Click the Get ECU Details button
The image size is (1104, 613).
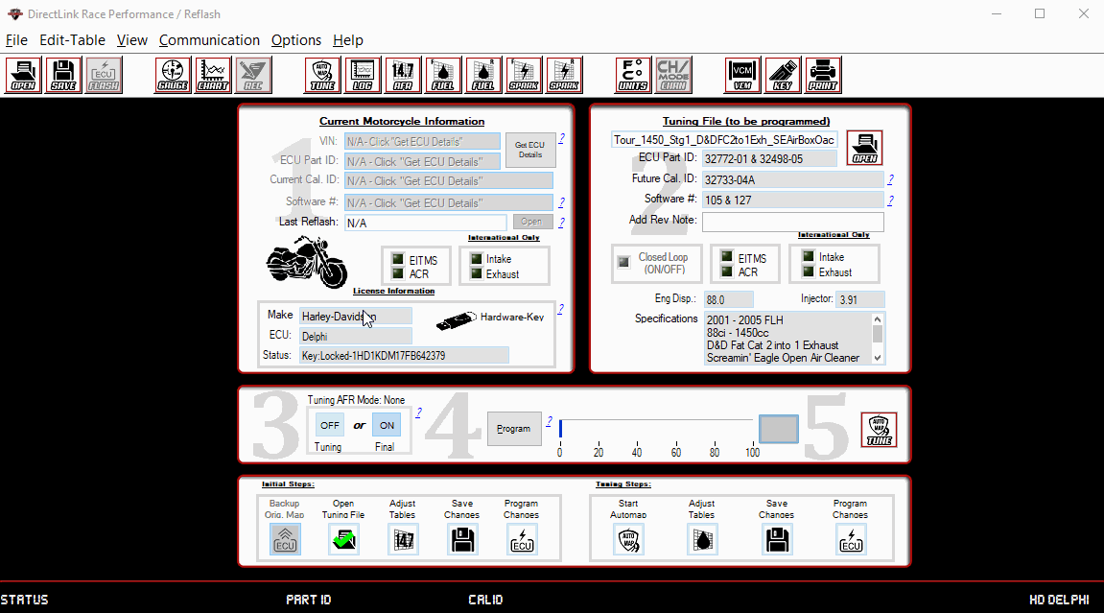coord(529,150)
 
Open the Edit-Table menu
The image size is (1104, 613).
coord(73,40)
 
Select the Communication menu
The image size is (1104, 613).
coord(209,40)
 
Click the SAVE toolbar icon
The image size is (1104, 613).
coord(63,75)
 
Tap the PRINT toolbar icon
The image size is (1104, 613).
coord(823,75)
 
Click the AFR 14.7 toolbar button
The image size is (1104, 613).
coord(403,75)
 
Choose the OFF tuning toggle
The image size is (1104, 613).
coord(330,425)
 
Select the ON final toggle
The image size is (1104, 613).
coord(387,425)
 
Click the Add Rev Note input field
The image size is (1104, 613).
coord(792,222)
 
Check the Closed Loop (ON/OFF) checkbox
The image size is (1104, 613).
coord(622,259)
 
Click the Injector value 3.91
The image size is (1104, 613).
coord(859,300)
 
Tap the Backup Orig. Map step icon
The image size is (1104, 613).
coord(285,539)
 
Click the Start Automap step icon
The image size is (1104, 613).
coord(628,539)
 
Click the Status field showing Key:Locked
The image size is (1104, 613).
coord(403,355)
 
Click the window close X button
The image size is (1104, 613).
coord(1082,13)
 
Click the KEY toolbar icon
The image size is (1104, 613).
coord(783,75)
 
